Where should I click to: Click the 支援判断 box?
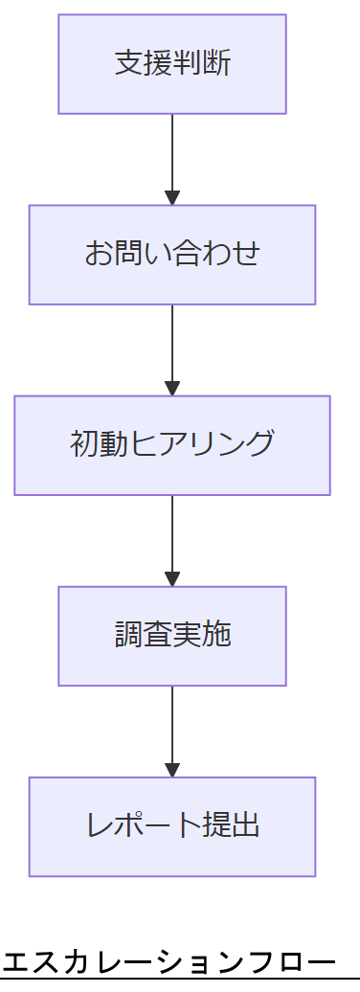(x=172, y=64)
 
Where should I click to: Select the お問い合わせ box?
(x=172, y=255)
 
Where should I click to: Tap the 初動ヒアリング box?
(x=172, y=445)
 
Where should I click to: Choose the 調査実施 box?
(x=172, y=636)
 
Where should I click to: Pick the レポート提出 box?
(x=172, y=826)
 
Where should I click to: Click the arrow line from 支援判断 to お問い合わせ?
(x=172, y=153)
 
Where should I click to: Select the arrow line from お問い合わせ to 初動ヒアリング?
(x=172, y=345)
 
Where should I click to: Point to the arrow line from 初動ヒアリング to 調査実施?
(x=172, y=535)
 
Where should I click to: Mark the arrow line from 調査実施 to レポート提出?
(x=172, y=726)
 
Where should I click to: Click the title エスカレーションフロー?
(x=169, y=962)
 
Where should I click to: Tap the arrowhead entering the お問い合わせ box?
(x=172, y=198)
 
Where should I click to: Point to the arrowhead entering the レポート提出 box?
(x=172, y=770)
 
